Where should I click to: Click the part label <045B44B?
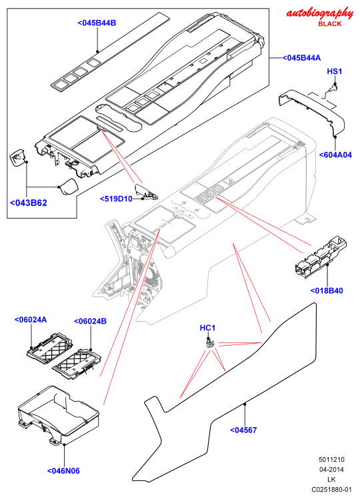[97, 23]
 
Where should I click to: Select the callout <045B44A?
[301, 58]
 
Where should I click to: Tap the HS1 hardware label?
[335, 71]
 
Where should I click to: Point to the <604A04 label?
[335, 155]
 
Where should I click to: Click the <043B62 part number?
[29, 203]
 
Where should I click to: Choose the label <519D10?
[116, 199]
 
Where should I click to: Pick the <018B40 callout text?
[327, 291]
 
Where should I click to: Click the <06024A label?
[31, 320]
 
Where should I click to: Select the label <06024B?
[90, 321]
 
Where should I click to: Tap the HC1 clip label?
[208, 328]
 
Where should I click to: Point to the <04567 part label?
[243, 430]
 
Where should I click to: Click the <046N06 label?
[63, 471]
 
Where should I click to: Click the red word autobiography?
[320, 13]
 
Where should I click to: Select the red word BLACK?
[330, 24]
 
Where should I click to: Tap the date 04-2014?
[331, 470]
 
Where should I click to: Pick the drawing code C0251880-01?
[331, 490]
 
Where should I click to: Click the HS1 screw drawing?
[333, 87]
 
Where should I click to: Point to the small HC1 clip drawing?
[210, 343]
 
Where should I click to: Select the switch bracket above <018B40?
[320, 257]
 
